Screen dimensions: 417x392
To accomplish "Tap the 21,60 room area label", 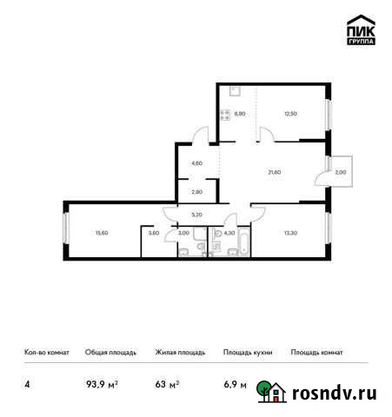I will tap(275, 172).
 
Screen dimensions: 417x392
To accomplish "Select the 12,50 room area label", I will tap(291, 112).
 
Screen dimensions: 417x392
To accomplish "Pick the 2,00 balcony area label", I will tap(340, 172).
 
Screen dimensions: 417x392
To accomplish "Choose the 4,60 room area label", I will tap(196, 163).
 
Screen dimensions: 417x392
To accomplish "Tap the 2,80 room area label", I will tap(196, 190).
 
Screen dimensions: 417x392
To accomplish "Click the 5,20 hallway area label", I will tap(196, 213).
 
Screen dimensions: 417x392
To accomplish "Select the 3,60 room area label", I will tap(153, 232).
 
